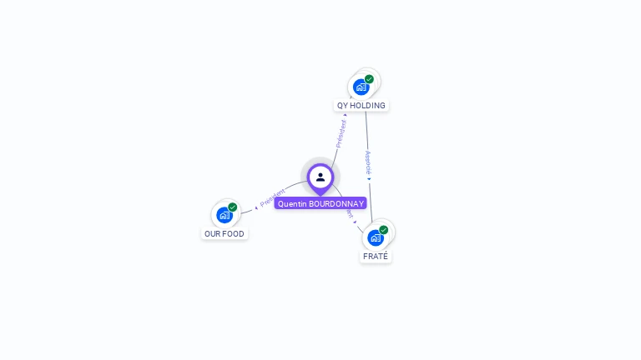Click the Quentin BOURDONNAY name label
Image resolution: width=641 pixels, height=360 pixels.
(x=320, y=203)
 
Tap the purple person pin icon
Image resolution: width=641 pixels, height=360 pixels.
(x=320, y=177)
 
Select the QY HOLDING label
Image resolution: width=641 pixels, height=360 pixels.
(x=361, y=106)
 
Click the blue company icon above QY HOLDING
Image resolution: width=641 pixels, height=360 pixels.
(x=361, y=86)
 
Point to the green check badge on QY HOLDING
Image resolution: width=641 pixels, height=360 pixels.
(x=369, y=79)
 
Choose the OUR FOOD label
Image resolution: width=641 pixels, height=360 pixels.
(x=225, y=234)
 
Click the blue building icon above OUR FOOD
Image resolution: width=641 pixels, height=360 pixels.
(x=224, y=215)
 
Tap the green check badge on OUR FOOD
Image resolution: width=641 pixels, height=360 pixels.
(x=233, y=207)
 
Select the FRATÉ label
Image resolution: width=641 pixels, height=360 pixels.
(x=376, y=257)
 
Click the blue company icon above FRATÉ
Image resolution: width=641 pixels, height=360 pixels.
(x=376, y=237)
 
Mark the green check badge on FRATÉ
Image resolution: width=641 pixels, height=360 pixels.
(x=384, y=230)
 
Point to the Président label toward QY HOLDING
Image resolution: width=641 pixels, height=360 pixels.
(x=341, y=133)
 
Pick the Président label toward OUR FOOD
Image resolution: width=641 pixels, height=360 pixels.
(x=273, y=197)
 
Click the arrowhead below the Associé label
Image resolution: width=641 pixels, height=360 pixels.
(x=369, y=178)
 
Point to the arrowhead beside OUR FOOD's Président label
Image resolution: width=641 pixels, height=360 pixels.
(x=256, y=207)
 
